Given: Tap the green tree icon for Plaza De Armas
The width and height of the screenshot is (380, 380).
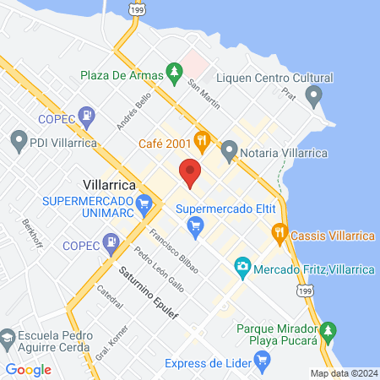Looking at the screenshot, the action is (x=175, y=74).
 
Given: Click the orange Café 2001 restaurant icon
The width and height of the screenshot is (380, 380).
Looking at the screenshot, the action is (x=201, y=139).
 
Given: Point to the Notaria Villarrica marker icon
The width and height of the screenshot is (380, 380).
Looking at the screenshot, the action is (x=230, y=152).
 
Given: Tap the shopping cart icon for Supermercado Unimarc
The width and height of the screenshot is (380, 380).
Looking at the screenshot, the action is (x=145, y=203).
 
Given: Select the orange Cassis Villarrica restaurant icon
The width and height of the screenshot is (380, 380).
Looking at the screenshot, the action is (x=280, y=232).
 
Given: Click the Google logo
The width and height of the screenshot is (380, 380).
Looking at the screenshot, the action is (x=28, y=369).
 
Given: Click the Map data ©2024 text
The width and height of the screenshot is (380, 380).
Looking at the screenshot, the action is (x=342, y=372).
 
